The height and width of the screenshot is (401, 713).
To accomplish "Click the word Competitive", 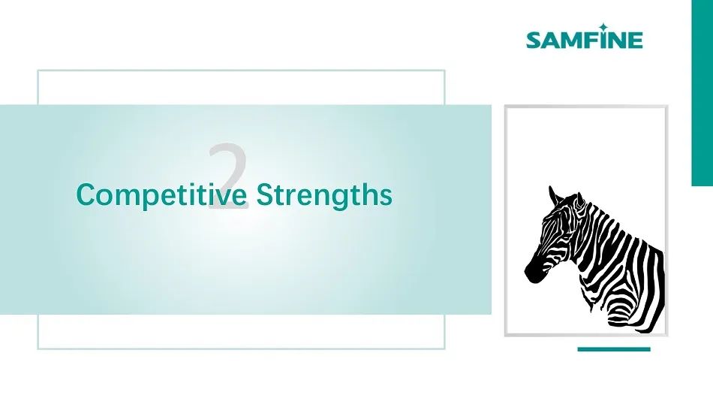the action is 162,194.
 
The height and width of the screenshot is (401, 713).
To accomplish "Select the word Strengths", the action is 324,194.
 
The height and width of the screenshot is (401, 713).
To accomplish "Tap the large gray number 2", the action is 229,176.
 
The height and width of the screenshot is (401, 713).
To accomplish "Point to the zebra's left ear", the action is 555,196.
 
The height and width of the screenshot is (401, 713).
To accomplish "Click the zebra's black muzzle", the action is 534,272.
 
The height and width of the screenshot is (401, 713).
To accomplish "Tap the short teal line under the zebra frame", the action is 614,350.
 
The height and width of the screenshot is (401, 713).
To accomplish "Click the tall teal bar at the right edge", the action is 702,93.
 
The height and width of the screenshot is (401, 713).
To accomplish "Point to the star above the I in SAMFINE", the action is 603,27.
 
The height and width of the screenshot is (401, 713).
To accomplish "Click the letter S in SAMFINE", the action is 534,40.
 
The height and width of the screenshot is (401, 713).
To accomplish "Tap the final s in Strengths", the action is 386,197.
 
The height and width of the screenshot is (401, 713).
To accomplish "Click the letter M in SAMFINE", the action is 572,40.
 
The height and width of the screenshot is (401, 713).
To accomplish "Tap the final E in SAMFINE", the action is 636,40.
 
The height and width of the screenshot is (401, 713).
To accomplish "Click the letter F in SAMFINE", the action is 591,40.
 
